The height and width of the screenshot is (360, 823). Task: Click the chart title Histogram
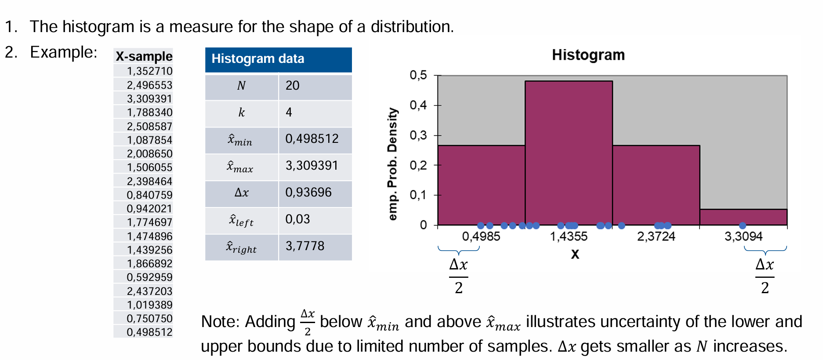[x=588, y=55]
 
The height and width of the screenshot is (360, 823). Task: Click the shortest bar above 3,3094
[x=743, y=217]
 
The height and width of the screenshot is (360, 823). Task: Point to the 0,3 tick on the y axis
[x=418, y=135]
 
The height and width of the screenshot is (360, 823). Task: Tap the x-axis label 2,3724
[x=656, y=236]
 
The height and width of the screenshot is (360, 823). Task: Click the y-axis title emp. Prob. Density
[x=392, y=164]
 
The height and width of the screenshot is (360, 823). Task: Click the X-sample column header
[x=144, y=56]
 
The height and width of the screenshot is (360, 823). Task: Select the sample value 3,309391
[x=149, y=98]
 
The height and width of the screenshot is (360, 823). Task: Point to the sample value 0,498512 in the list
[x=149, y=332]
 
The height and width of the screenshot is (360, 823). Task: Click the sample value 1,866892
[x=149, y=264]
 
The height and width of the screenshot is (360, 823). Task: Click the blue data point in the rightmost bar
[x=743, y=225]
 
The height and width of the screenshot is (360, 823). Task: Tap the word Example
[x=63, y=52]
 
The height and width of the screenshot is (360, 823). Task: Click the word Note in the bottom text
[x=219, y=322]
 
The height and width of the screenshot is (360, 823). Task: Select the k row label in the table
[x=241, y=113]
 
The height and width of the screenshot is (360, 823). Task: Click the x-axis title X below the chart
[x=575, y=255]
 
